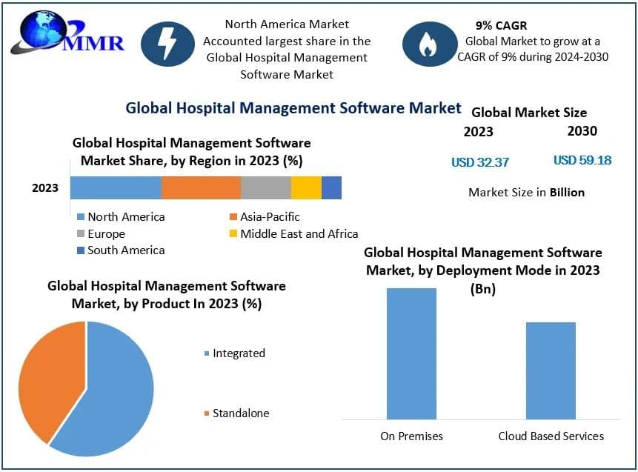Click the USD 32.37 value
pyautogui.click(x=480, y=162)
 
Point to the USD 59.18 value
pyautogui.click(x=582, y=160)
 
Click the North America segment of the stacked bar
pyautogui.click(x=116, y=188)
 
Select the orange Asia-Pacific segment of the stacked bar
pyautogui.click(x=201, y=188)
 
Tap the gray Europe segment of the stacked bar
pyautogui.click(x=265, y=188)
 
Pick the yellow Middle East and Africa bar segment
pyautogui.click(x=306, y=188)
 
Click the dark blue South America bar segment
pyautogui.click(x=331, y=188)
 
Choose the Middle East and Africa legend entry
pyautogui.click(x=292, y=233)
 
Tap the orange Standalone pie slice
pyautogui.click(x=48, y=378)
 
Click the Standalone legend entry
pyautogui.click(x=236, y=413)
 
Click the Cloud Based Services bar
pyautogui.click(x=551, y=370)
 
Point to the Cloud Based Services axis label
pyautogui.click(x=551, y=436)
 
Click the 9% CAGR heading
pyautogui.click(x=501, y=25)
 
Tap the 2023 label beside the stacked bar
pyautogui.click(x=44, y=188)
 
